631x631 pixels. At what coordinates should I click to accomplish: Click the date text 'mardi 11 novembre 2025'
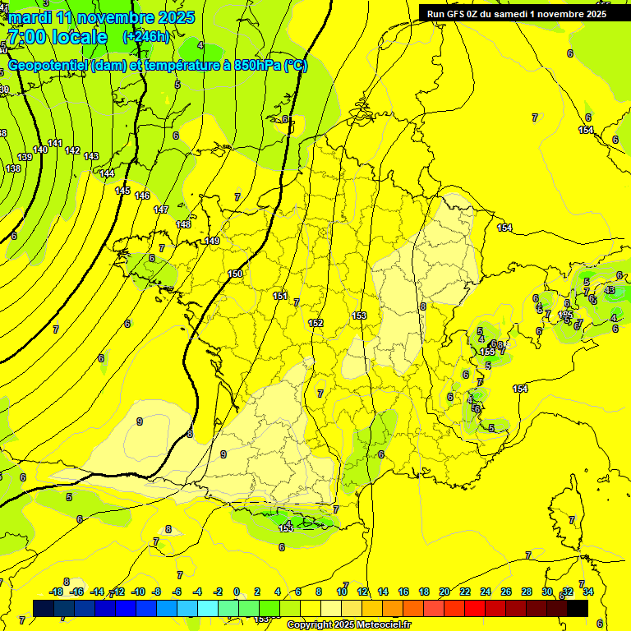click(101, 17)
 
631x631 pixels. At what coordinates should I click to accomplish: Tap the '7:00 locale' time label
click(57, 37)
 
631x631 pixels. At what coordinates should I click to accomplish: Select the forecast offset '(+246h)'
click(146, 37)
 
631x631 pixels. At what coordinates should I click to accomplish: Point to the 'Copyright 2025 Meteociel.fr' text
click(349, 624)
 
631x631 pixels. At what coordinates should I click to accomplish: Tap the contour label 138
click(13, 168)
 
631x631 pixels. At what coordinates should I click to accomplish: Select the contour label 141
click(55, 144)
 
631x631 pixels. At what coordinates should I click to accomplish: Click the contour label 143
click(91, 156)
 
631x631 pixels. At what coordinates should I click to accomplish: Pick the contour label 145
click(122, 191)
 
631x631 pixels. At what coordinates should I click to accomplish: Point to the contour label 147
click(161, 210)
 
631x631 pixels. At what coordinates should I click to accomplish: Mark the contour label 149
click(212, 241)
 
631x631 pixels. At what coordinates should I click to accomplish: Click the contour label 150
click(235, 274)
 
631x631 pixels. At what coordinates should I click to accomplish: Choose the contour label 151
click(280, 296)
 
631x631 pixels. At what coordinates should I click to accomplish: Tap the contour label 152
click(315, 323)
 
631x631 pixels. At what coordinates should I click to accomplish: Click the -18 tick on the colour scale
click(57, 592)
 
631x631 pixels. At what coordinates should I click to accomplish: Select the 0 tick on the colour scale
click(237, 592)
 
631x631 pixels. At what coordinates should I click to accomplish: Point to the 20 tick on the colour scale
click(444, 592)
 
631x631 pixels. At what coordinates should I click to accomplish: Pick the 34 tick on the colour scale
click(587, 592)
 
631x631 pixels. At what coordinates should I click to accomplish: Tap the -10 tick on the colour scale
click(138, 592)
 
